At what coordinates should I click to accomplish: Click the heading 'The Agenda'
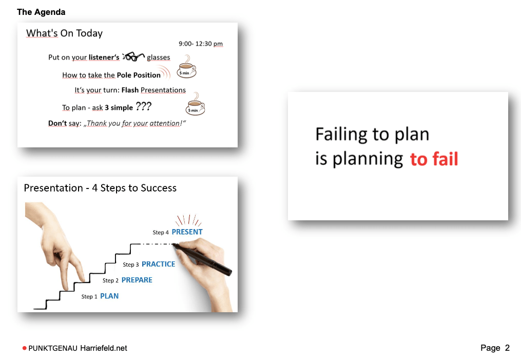[41, 12]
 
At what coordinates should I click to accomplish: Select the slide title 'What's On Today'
[65, 33]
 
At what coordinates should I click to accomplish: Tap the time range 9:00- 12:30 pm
[201, 44]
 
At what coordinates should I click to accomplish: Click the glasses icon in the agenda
[133, 56]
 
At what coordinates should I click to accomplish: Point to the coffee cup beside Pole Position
[186, 67]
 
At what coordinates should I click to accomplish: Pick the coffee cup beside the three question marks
[195, 104]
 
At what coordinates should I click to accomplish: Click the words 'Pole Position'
[139, 75]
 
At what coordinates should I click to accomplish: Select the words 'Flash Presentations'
[153, 90]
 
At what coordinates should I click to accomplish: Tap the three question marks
[144, 106]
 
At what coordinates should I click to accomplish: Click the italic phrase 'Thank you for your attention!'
[134, 123]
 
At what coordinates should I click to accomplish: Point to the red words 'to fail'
[434, 159]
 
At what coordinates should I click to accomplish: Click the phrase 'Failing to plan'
[372, 134]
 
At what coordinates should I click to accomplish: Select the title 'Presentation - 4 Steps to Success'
[100, 188]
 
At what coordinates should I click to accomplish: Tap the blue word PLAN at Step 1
[109, 296]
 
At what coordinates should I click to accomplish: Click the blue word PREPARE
[137, 280]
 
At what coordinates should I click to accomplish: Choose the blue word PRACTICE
[158, 264]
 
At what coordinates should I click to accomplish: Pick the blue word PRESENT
[187, 232]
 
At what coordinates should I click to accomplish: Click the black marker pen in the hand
[202, 259]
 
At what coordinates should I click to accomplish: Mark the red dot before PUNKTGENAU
[24, 348]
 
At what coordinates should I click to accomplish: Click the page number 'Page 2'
[495, 348]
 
